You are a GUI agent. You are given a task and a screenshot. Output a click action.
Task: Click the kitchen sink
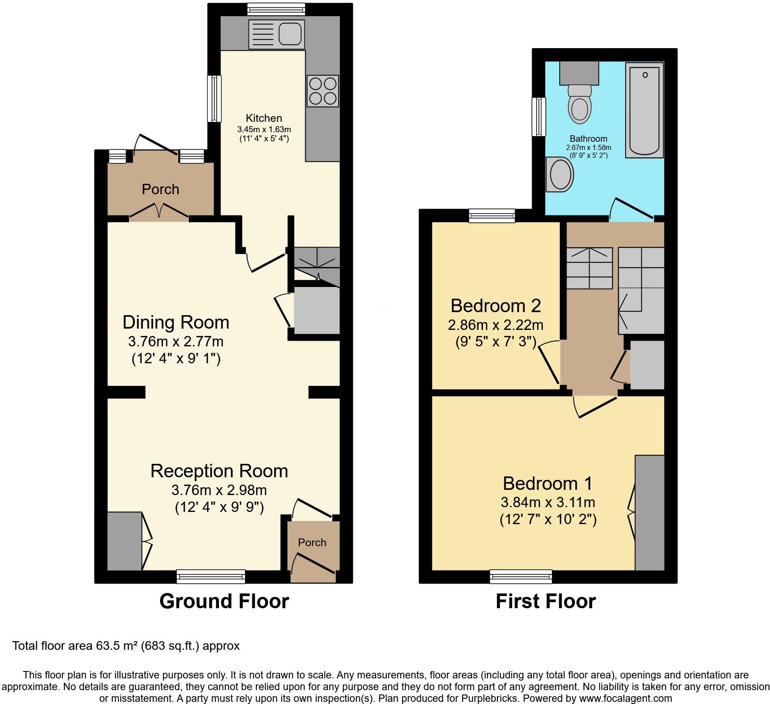(276, 35)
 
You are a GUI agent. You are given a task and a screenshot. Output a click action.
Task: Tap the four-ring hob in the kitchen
(323, 91)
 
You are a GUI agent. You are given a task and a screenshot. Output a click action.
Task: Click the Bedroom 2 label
(496, 306)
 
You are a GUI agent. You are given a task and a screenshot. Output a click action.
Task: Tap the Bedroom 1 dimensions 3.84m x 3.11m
(548, 502)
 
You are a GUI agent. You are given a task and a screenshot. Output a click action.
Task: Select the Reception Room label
(219, 471)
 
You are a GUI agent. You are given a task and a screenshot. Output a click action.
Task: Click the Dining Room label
(176, 323)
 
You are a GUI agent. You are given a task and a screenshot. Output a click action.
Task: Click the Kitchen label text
(264, 118)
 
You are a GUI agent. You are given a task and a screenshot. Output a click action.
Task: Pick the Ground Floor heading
(224, 602)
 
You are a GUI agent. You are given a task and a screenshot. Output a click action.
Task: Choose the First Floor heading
(545, 602)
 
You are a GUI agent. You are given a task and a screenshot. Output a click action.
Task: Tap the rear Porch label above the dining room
(160, 189)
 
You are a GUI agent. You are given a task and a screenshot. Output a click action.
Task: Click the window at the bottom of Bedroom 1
(521, 576)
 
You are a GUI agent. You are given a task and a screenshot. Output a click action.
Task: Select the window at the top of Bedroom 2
(492, 215)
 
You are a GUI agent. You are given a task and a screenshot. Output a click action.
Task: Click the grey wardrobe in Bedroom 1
(649, 513)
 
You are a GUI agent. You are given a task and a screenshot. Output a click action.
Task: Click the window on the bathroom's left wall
(539, 117)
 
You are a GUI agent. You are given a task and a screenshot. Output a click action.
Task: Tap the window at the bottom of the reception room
(211, 576)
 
